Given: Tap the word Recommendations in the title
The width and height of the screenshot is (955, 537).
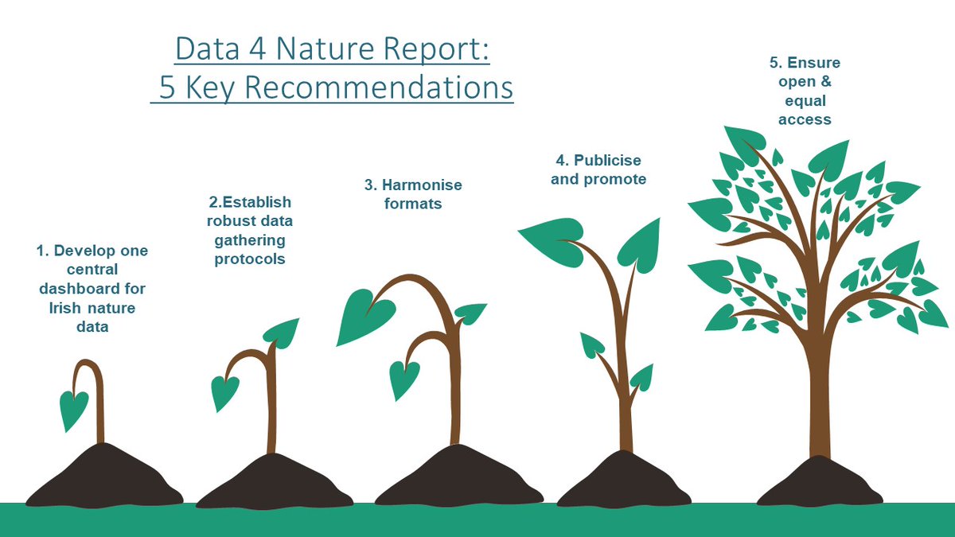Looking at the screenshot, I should [x=378, y=88].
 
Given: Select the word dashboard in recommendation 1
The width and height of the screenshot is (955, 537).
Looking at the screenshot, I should [x=92, y=288].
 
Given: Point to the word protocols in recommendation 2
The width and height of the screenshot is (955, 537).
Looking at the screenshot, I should [x=249, y=259].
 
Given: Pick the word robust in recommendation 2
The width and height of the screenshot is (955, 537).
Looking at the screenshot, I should [x=225, y=221].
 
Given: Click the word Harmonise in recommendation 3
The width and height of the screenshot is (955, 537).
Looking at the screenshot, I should [x=422, y=185].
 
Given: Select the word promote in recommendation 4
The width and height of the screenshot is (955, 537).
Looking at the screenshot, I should [x=616, y=179].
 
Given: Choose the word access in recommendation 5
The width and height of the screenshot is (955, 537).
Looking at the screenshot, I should [x=805, y=119].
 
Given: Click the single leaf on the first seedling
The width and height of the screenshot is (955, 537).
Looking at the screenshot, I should [x=74, y=409].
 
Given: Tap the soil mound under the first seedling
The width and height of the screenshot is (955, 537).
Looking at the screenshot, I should [x=102, y=481].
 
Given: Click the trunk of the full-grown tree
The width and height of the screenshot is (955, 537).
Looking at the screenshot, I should [x=819, y=406].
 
